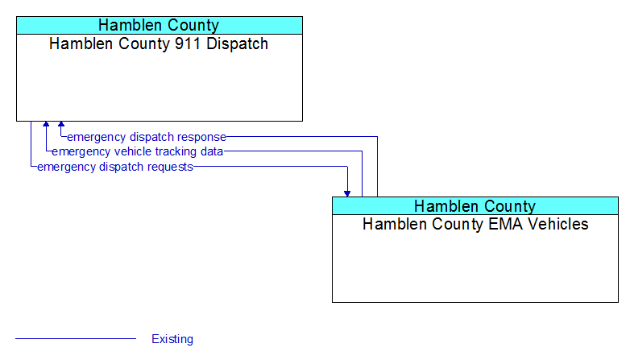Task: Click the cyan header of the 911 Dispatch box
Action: [x=160, y=25]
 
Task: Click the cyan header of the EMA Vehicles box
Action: [x=475, y=206]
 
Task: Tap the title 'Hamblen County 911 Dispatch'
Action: [x=159, y=43]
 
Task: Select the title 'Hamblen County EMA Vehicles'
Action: [x=475, y=224]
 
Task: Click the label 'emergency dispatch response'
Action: [x=147, y=137]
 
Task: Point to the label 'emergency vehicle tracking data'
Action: [x=138, y=151]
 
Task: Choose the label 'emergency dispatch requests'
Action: [x=115, y=167]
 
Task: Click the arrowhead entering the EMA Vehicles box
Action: [x=347, y=193]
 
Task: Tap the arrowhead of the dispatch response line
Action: [x=61, y=124]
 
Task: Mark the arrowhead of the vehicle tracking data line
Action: [x=46, y=124]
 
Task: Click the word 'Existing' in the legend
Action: [x=172, y=339]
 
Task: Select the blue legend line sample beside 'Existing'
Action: [x=76, y=339]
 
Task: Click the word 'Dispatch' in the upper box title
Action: [x=237, y=43]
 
